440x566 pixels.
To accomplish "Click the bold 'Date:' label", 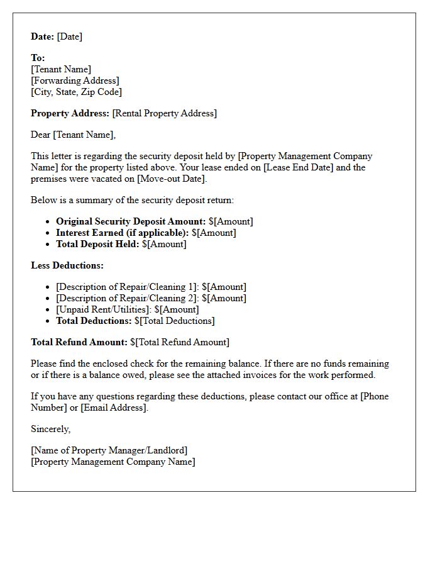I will [42, 36].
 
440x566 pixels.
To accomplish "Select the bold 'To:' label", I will [38, 58].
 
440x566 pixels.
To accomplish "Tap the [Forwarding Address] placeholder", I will [75, 80].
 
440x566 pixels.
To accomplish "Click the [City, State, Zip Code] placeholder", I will [76, 92].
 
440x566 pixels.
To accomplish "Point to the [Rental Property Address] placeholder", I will [164, 113].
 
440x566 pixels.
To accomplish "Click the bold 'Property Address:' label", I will [70, 113].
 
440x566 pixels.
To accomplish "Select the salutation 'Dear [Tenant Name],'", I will [74, 135].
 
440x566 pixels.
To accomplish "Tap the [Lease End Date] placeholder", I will [280, 167].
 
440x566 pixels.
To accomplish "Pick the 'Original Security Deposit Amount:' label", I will [131, 221].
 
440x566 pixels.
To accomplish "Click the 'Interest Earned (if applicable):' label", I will [122, 233].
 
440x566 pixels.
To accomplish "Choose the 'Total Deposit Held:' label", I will [97, 244].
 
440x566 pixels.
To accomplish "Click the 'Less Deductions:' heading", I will [67, 265].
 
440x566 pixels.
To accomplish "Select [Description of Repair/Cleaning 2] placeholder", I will [126, 298].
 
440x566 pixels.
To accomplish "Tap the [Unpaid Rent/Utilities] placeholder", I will [104, 309].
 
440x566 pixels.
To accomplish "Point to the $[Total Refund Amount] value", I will [180, 342].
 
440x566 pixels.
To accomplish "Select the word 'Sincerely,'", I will [51, 429].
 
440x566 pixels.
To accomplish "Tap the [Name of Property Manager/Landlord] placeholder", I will [109, 450].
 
